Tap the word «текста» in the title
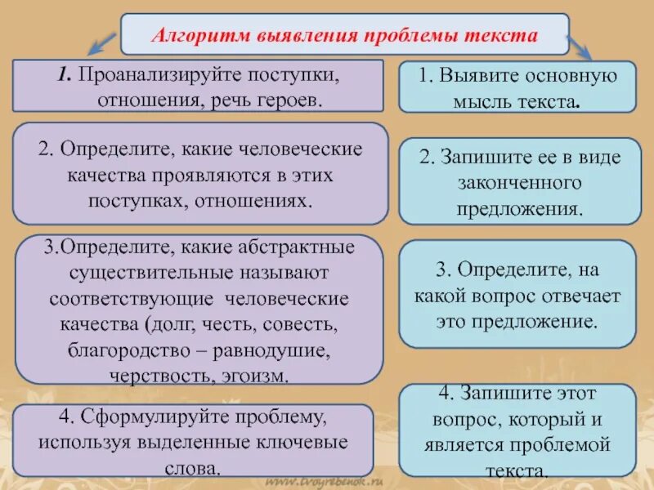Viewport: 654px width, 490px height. pos(504,36)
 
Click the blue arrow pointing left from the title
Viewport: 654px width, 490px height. pos(105,44)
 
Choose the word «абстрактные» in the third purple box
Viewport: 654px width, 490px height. pos(284,247)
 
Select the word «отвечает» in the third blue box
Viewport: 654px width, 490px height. pos(582,296)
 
